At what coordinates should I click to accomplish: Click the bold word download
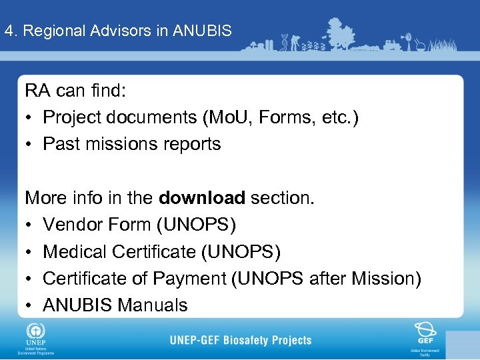pos(202,198)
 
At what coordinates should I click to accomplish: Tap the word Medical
pos(75,252)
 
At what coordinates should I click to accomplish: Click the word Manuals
pos(153,305)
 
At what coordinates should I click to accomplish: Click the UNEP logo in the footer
pos(32,333)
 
